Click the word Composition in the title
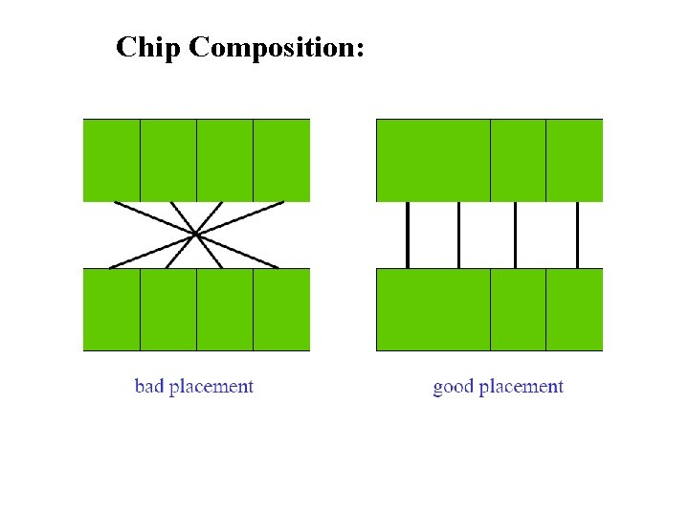pos(277,48)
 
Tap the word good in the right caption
pos(453,388)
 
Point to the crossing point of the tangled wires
pos(195,234)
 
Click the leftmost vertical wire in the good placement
pos(408,235)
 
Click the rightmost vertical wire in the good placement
pos(578,235)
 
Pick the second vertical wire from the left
pos(459,235)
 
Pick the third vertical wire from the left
pos(516,235)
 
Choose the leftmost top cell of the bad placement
pos(112,160)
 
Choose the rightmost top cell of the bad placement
pos(281,160)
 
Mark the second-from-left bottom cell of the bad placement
pos(168,309)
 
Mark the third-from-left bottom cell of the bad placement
pos(225,309)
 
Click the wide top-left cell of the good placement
pos(433,160)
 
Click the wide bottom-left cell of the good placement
pos(433,309)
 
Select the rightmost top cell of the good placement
pos(574,160)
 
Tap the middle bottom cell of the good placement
pos(518,309)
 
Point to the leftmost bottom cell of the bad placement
pos(112,309)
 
